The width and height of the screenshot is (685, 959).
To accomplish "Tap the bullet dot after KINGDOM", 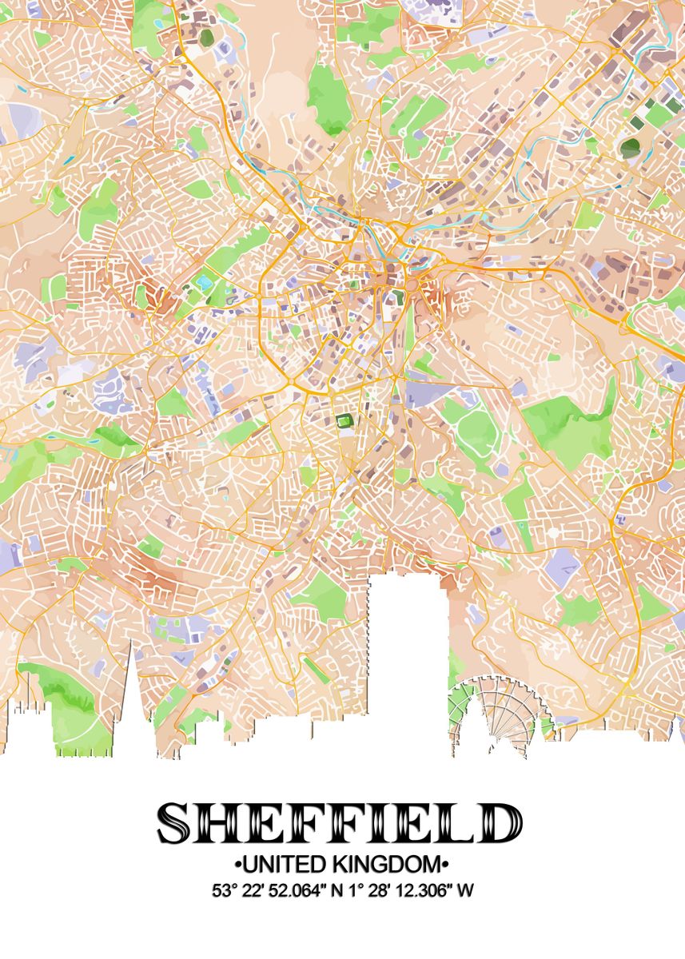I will coord(444,864).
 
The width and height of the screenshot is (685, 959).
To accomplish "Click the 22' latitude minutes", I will coord(255,889).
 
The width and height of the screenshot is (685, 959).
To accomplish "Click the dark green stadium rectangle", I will coord(344,421).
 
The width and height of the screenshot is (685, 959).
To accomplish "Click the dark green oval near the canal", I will coord(631,147).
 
